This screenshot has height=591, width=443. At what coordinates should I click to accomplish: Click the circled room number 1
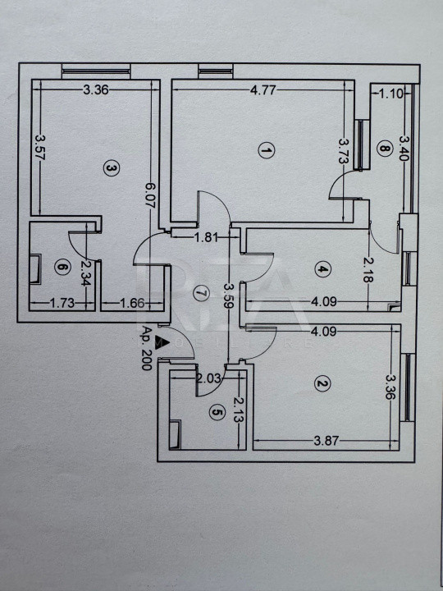[267, 151]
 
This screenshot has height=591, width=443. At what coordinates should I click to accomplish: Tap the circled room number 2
[322, 384]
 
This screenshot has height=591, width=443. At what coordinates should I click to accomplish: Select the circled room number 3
[111, 169]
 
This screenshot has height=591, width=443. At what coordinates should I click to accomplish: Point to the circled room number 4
[323, 269]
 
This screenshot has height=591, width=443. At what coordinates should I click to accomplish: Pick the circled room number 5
[217, 414]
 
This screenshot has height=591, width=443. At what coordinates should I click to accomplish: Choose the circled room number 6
[62, 268]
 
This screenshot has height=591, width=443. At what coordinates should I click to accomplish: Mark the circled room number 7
[201, 293]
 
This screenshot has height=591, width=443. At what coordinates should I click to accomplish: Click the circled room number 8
[384, 148]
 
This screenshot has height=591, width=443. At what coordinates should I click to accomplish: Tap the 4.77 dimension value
[263, 90]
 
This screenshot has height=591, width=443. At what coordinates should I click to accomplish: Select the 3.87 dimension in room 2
[327, 441]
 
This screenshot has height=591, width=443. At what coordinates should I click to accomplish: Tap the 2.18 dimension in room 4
[369, 269]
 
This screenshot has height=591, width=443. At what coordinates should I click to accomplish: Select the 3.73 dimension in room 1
[342, 151]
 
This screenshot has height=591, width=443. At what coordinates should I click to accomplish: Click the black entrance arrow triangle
[161, 341]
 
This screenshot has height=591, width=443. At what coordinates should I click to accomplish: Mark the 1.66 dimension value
[132, 303]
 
